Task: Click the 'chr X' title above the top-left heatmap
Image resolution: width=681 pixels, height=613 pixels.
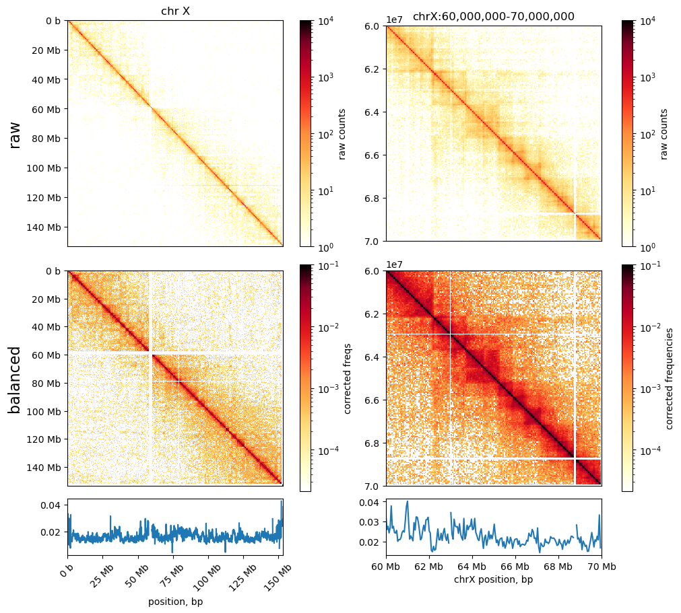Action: [x=174, y=11]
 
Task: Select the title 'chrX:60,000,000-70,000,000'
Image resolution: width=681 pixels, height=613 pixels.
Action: [x=493, y=16]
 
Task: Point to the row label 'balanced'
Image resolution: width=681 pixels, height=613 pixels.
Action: [x=15, y=380]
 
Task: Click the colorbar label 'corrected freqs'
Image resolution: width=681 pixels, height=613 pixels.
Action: [x=348, y=377]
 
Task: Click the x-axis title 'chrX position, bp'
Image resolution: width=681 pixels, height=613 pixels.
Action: [x=493, y=579]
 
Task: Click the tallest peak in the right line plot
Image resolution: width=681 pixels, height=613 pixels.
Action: [x=407, y=502]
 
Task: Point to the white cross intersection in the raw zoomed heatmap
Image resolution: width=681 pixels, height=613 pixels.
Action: [x=575, y=214]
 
